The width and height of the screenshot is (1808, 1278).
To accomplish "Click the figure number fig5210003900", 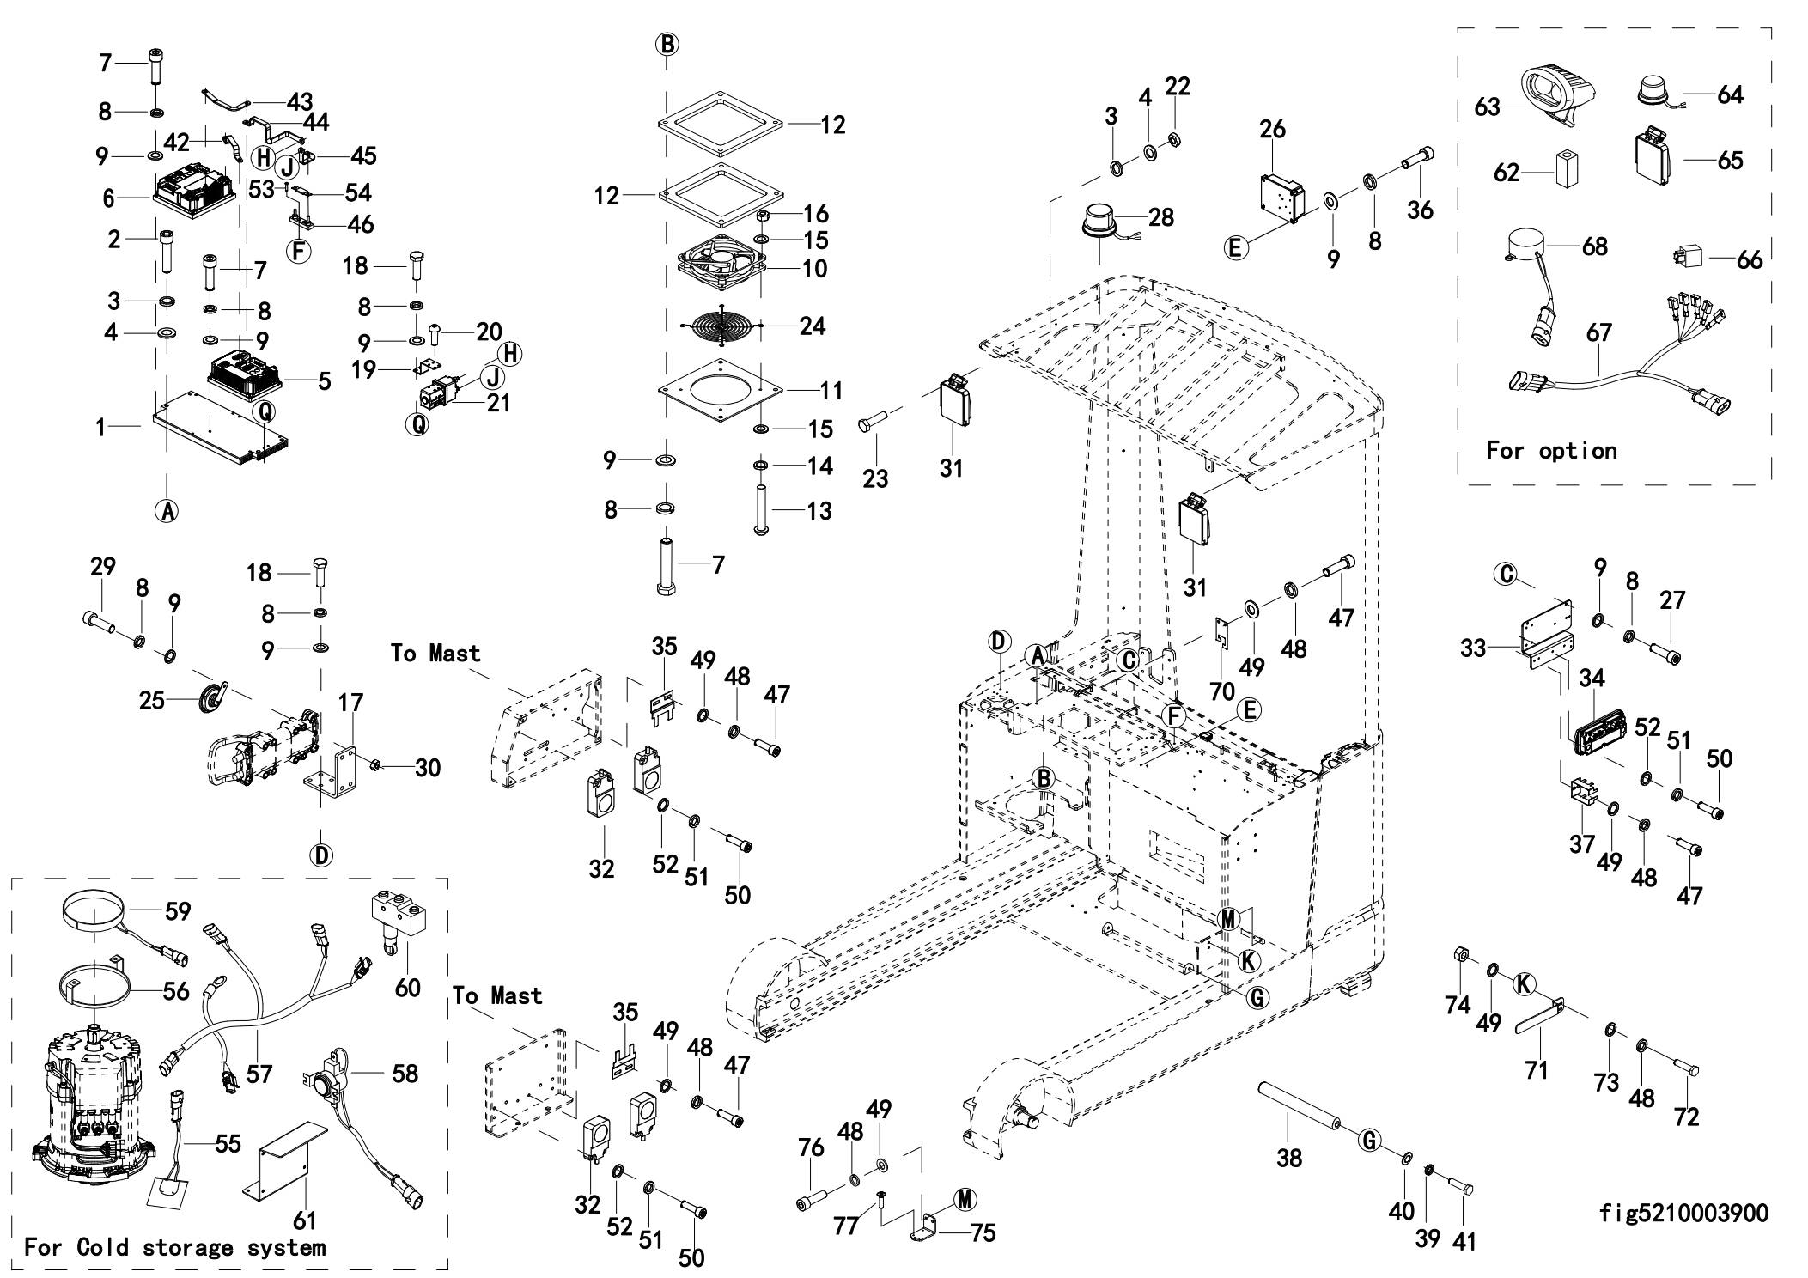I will [x=1683, y=1213].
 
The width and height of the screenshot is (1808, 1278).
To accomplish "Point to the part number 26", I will [x=1272, y=129].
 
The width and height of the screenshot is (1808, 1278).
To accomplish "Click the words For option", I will [x=1551, y=450].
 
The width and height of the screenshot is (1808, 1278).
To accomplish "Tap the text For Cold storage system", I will [x=175, y=1247].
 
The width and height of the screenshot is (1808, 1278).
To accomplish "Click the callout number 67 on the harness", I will [x=1598, y=333].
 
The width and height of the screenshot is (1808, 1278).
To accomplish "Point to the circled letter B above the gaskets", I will [x=667, y=43].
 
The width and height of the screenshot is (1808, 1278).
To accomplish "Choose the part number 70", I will [x=1221, y=690].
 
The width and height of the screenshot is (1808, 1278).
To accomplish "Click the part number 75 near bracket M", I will [x=983, y=1233].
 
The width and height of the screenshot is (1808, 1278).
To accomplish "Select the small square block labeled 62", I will [x=1566, y=171].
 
